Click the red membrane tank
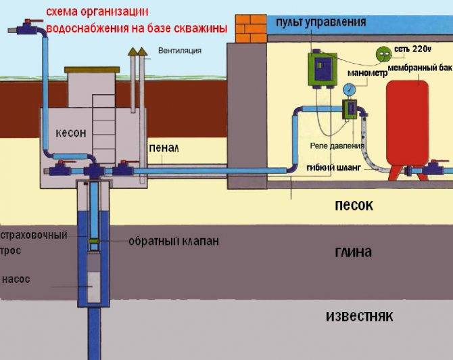[406, 125]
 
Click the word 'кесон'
[70, 133]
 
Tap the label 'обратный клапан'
[174, 241]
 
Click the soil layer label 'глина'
[353, 252]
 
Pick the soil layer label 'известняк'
[358, 316]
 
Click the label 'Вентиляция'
[179, 51]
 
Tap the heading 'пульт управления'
[321, 22]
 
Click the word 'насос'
[16, 279]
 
